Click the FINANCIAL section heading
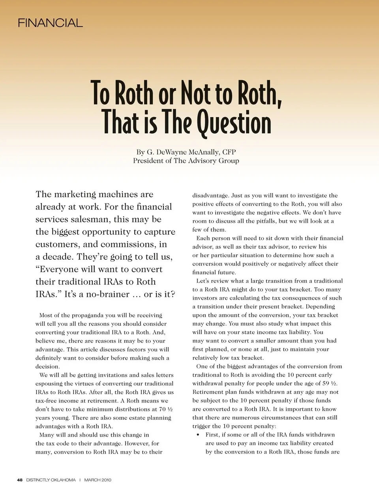coord(50,23)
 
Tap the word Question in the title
coord(234,123)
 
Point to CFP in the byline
coord(229,152)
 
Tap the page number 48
coord(20,480)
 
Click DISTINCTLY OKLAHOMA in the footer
coord(51,480)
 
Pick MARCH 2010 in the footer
coord(98,480)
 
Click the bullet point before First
coord(198,435)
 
